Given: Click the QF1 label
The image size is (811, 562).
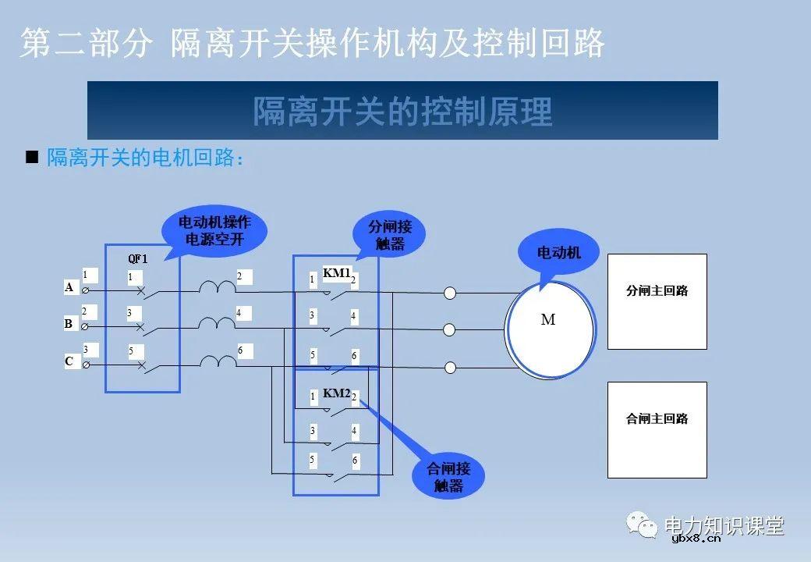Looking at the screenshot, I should click(x=137, y=258).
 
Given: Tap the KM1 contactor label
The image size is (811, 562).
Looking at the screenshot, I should click(x=336, y=273).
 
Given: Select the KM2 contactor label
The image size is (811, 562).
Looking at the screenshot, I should click(x=336, y=393).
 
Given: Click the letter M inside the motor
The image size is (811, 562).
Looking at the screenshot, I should click(x=548, y=320).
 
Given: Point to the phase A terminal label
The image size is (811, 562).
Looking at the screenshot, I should click(x=69, y=287).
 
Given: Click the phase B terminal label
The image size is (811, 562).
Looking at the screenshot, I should click(x=69, y=323).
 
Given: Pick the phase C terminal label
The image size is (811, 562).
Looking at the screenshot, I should click(x=69, y=361).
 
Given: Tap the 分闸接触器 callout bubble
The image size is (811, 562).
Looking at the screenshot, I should click(x=390, y=235).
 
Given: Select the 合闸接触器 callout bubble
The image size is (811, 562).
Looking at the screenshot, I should click(x=448, y=476).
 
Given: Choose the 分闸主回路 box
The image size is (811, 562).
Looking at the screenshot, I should click(x=657, y=301).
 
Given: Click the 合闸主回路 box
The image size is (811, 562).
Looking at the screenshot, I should click(x=657, y=429).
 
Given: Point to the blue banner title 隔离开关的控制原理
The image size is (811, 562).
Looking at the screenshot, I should click(x=402, y=111).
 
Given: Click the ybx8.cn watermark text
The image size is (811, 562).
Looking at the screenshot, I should click(x=696, y=539).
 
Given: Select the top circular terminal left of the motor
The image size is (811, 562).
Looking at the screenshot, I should click(x=450, y=293).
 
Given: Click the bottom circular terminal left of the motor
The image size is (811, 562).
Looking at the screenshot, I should click(x=450, y=367).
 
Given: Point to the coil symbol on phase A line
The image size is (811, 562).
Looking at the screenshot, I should click(x=217, y=288).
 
